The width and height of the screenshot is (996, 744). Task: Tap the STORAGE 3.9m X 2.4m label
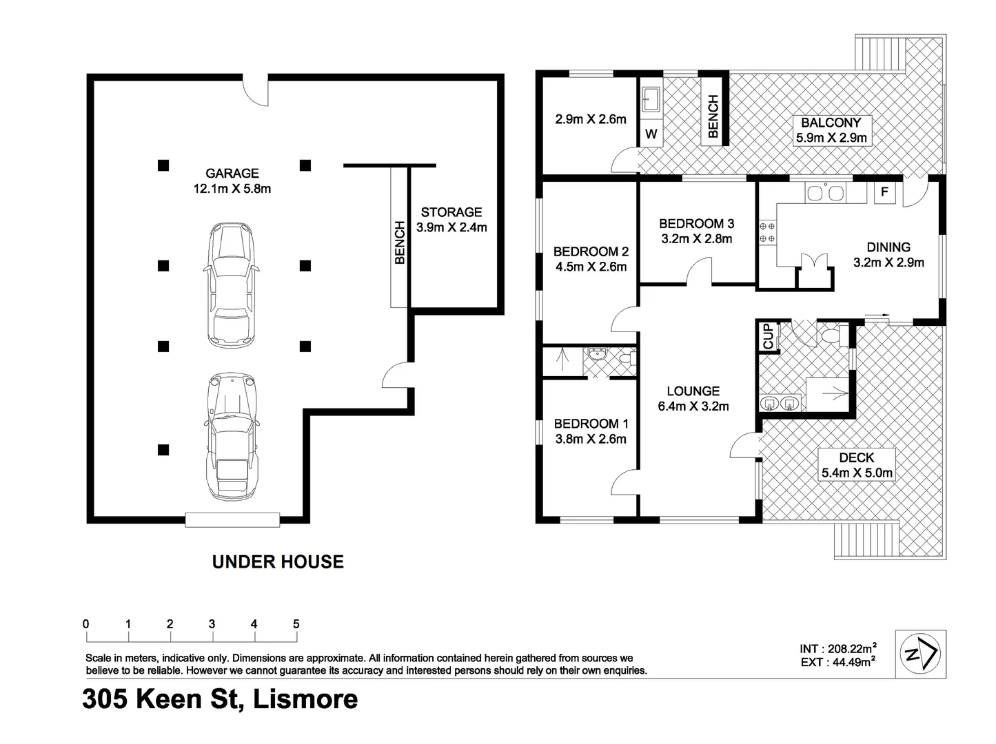pos(451,220)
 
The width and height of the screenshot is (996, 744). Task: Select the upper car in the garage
pos(232,285)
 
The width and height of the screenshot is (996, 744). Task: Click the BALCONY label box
pos(831,130)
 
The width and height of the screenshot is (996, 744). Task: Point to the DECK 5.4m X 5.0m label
pos(857,465)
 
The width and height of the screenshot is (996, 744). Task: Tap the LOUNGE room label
pos(693,398)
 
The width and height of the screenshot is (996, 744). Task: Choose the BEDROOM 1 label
pos(591,431)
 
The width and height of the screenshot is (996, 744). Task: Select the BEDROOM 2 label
pos(591,259)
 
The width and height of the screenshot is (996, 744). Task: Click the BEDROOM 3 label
pos(696,231)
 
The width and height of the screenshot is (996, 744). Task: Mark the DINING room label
pos(888,254)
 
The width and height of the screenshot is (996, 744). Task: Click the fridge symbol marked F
pos(884,192)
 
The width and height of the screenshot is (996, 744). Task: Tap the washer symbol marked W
pos(651,134)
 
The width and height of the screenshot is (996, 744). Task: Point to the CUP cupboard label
pos(768,337)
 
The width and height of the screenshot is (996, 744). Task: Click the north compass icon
pos(920,654)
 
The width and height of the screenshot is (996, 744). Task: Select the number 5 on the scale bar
pos(296,624)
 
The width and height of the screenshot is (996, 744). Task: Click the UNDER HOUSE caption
pos(278,562)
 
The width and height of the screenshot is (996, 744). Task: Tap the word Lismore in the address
pos(305,699)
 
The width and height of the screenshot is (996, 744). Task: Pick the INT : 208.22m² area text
pos(837,648)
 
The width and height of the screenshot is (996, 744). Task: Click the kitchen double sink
pos(826,193)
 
